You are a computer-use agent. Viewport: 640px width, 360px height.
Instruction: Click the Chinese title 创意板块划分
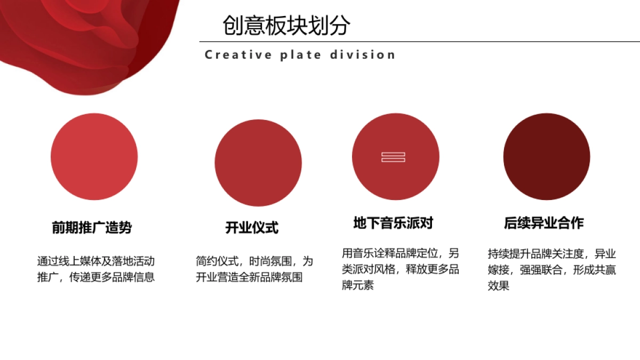click(286, 25)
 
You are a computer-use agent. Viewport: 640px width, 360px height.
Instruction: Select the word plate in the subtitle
click(301, 55)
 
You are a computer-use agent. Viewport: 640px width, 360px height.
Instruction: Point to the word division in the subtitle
click(363, 55)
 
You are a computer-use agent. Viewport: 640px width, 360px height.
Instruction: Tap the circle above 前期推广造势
click(94, 157)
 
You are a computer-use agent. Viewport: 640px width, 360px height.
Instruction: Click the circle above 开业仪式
click(258, 163)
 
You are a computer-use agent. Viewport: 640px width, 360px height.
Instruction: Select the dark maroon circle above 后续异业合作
click(547, 157)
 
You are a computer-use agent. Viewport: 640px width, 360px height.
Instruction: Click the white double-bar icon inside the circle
click(393, 157)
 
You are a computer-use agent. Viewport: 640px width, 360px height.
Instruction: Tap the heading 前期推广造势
click(92, 228)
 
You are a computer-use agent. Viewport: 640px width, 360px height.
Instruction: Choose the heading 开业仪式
click(252, 228)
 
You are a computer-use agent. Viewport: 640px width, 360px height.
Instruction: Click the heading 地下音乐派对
click(393, 223)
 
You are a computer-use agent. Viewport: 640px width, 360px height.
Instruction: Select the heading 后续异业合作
click(544, 223)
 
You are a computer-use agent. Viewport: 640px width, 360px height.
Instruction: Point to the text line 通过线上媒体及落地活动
click(96, 261)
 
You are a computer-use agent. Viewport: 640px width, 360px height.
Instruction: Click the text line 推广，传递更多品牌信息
click(96, 277)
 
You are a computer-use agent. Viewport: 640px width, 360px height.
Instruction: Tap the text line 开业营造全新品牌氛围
click(249, 277)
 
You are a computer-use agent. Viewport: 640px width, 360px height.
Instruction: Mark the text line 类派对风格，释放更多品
click(401, 269)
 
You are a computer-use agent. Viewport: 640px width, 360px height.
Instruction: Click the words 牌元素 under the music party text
click(358, 285)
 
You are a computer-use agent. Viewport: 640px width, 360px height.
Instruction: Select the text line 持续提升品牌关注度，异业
click(551, 254)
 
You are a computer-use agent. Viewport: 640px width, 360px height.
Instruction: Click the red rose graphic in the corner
click(80, 37)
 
